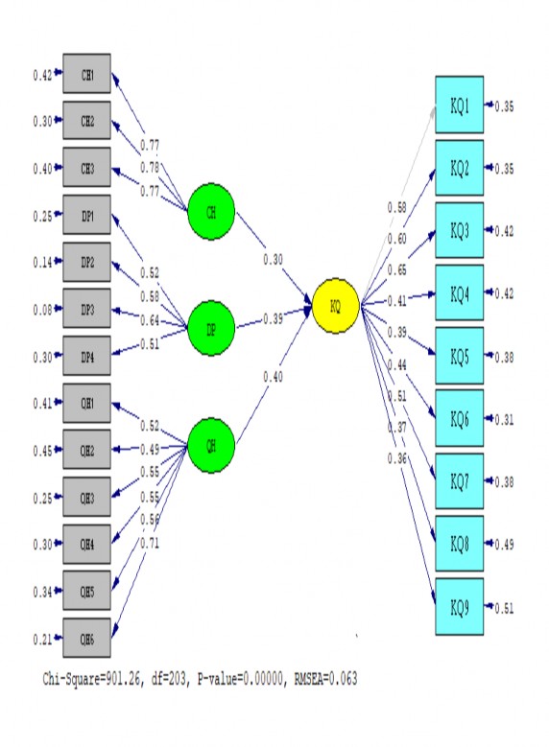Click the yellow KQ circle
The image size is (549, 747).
coord(336,306)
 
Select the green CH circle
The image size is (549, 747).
coord(211,211)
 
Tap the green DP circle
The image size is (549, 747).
coord(211,329)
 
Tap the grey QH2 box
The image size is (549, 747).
coord(86,450)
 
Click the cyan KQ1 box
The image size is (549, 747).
coord(460,105)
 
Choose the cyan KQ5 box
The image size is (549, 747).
coord(460,356)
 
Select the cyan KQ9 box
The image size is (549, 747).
coord(460,606)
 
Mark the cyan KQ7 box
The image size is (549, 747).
coord(460,481)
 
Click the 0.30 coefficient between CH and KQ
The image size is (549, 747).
coord(274,260)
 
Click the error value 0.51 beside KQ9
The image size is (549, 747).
coord(504,607)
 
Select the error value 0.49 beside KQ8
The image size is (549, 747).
coord(504,545)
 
